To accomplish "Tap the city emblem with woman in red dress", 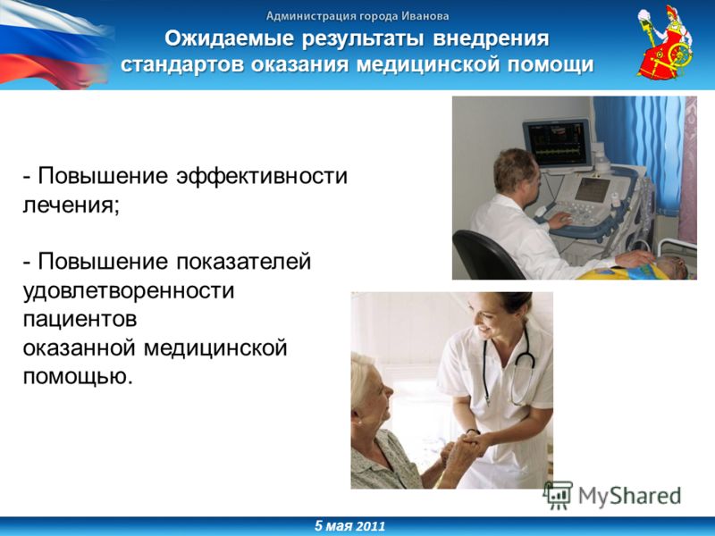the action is coord(664,42).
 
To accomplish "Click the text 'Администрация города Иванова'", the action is coord(357,16).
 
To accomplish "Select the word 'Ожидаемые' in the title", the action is coord(230,38).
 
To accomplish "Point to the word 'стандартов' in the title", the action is coord(183,64).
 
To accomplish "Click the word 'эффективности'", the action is coord(262,176).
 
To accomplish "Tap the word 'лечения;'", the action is coord(71,205).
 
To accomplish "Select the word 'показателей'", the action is coord(243,262).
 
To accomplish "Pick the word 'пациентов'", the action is coord(80,320).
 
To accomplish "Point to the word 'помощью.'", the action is coord(78,377).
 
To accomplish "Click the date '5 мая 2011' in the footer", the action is coord(349,526).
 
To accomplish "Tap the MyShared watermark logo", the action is coord(612,496).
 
